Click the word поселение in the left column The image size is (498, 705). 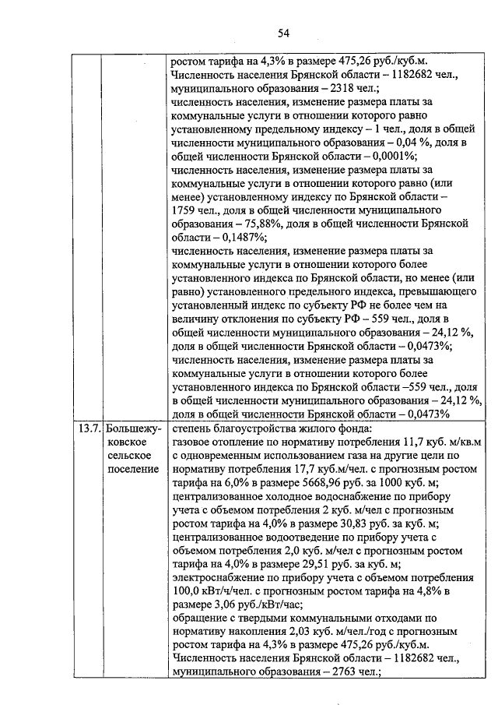[x=132, y=468]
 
